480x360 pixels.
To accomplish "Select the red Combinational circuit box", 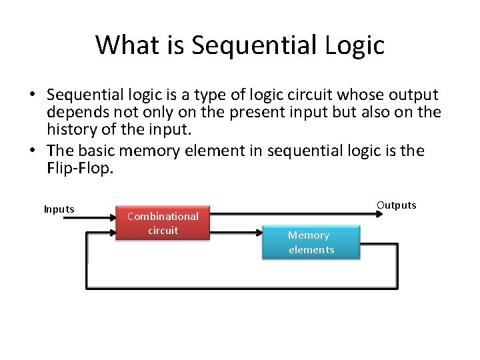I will [x=163, y=223].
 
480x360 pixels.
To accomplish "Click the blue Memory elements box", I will [x=311, y=242].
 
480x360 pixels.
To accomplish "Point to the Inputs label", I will [x=59, y=209].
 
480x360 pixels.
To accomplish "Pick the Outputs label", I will [x=396, y=205].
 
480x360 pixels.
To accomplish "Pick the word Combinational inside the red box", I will [x=163, y=216].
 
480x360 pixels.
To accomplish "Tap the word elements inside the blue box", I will [x=311, y=250].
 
